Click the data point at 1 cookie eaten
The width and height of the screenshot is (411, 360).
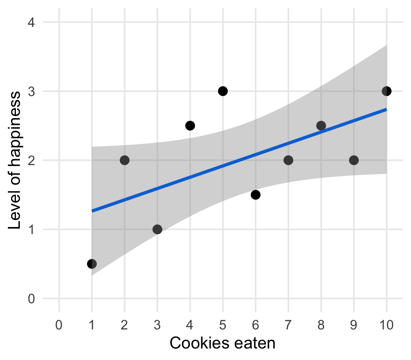pyautogui.click(x=92, y=264)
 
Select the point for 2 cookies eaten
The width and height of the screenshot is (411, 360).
pyautogui.click(x=125, y=160)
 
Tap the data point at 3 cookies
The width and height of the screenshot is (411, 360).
pyautogui.click(x=157, y=229)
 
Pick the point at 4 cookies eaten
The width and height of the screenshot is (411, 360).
pyautogui.click(x=190, y=126)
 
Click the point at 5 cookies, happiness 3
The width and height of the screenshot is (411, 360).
pyautogui.click(x=223, y=91)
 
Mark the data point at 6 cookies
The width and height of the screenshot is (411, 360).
pyautogui.click(x=255, y=195)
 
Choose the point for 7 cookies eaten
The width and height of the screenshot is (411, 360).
pyautogui.click(x=288, y=160)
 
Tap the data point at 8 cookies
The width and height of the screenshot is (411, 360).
pyautogui.click(x=321, y=126)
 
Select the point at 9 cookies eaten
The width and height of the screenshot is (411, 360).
pyautogui.click(x=354, y=160)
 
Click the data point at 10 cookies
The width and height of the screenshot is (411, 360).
pyautogui.click(x=386, y=91)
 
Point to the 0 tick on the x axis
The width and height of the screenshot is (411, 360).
pyautogui.click(x=59, y=325)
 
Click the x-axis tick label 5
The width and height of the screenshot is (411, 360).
pyautogui.click(x=223, y=325)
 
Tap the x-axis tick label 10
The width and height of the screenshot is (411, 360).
pyautogui.click(x=386, y=325)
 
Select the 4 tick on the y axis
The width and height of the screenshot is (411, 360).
pyautogui.click(x=31, y=22)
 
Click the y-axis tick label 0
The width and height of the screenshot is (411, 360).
pyautogui.click(x=31, y=298)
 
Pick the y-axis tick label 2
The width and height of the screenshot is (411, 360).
pyautogui.click(x=31, y=160)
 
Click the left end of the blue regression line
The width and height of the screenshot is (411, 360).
pyautogui.click(x=93, y=211)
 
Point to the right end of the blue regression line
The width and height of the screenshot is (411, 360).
pyautogui.click(x=386, y=109)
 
